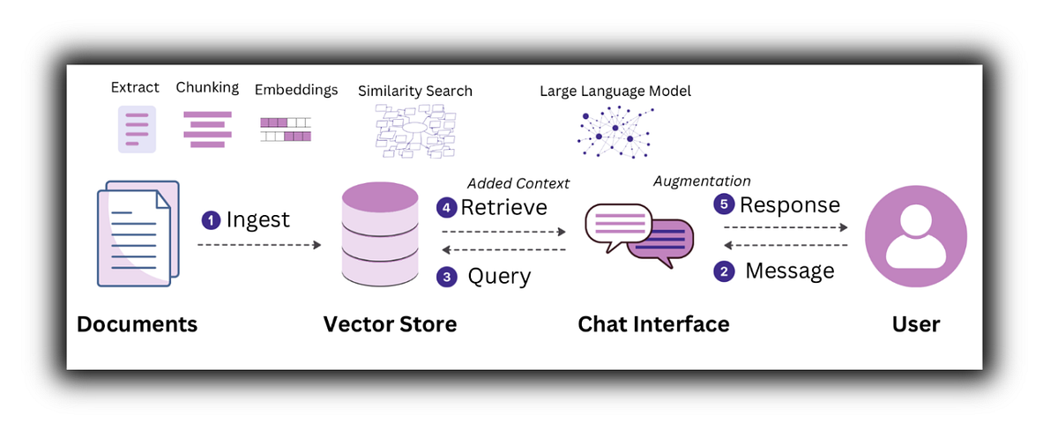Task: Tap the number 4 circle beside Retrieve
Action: click(447, 209)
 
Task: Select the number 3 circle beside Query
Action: click(447, 277)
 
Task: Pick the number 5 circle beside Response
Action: click(724, 205)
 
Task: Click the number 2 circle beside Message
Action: click(724, 271)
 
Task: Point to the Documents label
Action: click(137, 324)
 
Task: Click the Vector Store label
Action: click(390, 324)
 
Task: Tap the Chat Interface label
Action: click(653, 324)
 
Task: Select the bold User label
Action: click(915, 324)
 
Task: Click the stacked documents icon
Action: click(138, 234)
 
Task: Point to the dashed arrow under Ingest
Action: click(259, 245)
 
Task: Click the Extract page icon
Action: click(137, 129)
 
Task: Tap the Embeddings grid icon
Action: click(286, 130)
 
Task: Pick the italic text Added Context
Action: click(518, 183)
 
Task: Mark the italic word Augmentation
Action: click(702, 181)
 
